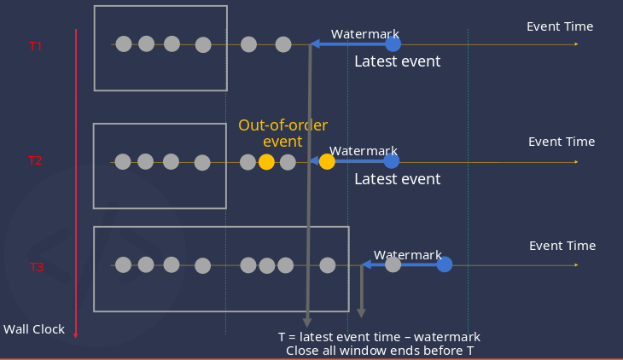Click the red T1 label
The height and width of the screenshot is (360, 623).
36,46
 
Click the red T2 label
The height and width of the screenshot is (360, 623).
35,160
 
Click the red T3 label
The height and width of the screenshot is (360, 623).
37,267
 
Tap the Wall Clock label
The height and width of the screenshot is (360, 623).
34,329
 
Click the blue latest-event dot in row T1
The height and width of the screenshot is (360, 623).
393,44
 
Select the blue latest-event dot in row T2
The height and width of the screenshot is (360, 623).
391,160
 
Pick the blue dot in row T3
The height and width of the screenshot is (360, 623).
445,264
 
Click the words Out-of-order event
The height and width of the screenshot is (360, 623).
282,133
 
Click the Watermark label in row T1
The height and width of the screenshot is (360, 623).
365,34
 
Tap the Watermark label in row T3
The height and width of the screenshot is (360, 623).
408,255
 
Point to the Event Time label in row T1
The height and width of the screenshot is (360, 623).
560,26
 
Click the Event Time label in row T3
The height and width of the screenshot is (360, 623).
562,246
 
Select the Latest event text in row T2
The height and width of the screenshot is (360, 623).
398,179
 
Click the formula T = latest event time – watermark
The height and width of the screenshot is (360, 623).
379,336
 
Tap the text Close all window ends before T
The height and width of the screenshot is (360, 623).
380,350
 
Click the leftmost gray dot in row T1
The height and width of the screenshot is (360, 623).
124,44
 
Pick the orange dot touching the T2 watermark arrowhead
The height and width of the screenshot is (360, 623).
327,161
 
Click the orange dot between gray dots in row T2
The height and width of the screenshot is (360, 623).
266,161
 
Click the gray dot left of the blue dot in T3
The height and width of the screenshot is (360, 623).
393,264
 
